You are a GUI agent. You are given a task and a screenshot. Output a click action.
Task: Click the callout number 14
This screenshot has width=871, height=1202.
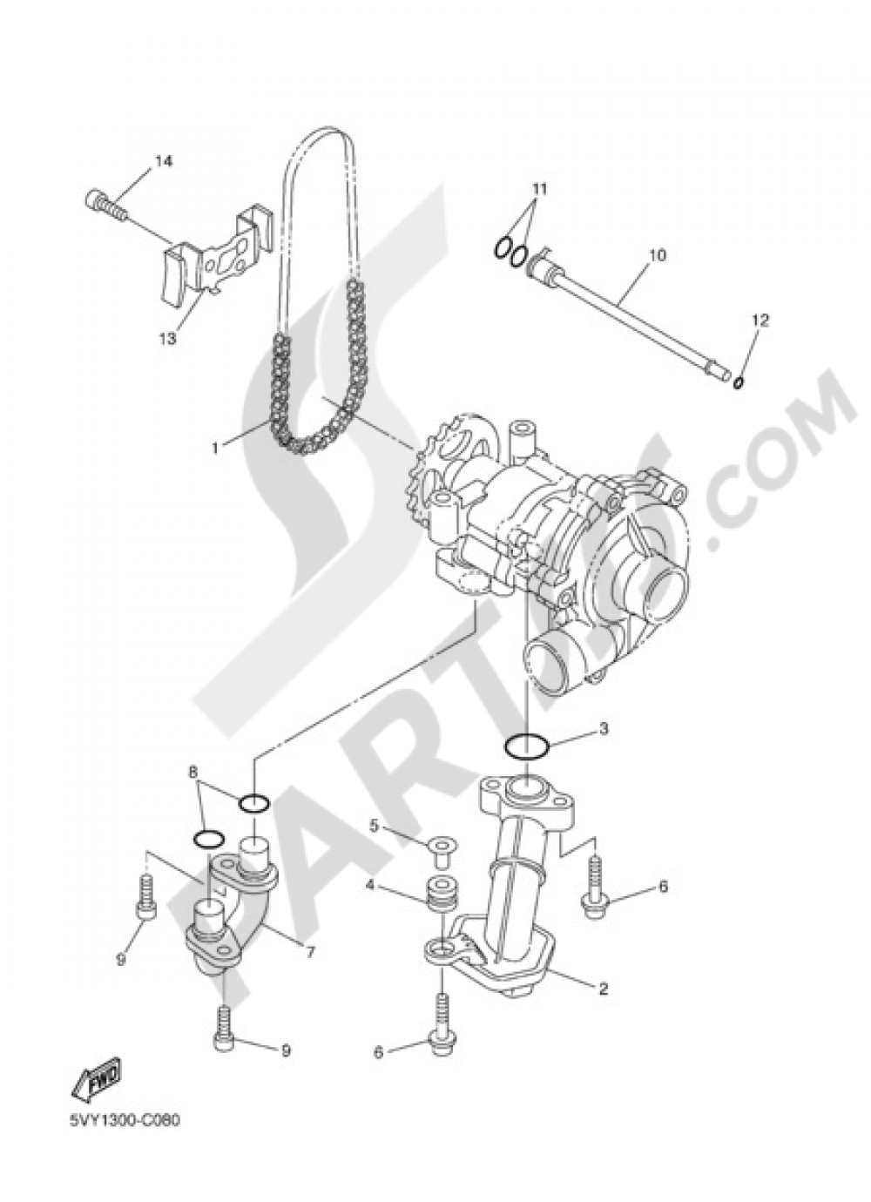click(x=164, y=160)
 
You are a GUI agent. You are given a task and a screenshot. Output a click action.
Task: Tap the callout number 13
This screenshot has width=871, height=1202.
click(x=168, y=337)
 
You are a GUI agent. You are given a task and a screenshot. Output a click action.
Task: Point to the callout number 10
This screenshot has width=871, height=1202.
click(x=657, y=255)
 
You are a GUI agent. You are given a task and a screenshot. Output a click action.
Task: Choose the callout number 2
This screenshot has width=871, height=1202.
click(x=603, y=989)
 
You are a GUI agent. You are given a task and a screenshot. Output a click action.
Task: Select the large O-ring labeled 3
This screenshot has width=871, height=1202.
click(x=527, y=746)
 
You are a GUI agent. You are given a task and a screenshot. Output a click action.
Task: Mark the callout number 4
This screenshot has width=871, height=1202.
click(x=369, y=885)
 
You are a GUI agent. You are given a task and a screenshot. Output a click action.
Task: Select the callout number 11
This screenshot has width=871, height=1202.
click(x=539, y=189)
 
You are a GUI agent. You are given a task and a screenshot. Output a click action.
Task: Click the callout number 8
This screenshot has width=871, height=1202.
click(x=193, y=771)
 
